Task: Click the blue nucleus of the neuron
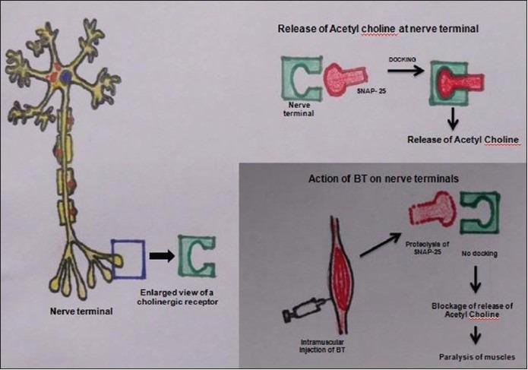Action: pos(65,76)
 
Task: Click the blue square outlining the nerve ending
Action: pos(112,259)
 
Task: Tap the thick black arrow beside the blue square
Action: pos(162,256)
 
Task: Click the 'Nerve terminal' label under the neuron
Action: pos(81,311)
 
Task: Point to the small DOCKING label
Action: pos(402,59)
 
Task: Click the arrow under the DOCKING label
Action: pos(406,71)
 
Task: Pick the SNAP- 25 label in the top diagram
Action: pos(371,90)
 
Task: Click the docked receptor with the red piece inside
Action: pos(457,83)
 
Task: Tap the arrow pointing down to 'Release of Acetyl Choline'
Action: pos(454,119)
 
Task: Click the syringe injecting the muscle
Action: pos(302,309)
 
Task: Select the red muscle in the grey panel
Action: pos(342,276)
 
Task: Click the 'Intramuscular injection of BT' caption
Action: pos(322,346)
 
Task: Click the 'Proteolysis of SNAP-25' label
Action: pos(427,248)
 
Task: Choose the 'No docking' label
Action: pos(479,253)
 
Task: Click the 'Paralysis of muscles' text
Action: pos(477,357)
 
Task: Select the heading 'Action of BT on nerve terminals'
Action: pos(384,179)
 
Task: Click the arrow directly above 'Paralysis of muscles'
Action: pos(475,334)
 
